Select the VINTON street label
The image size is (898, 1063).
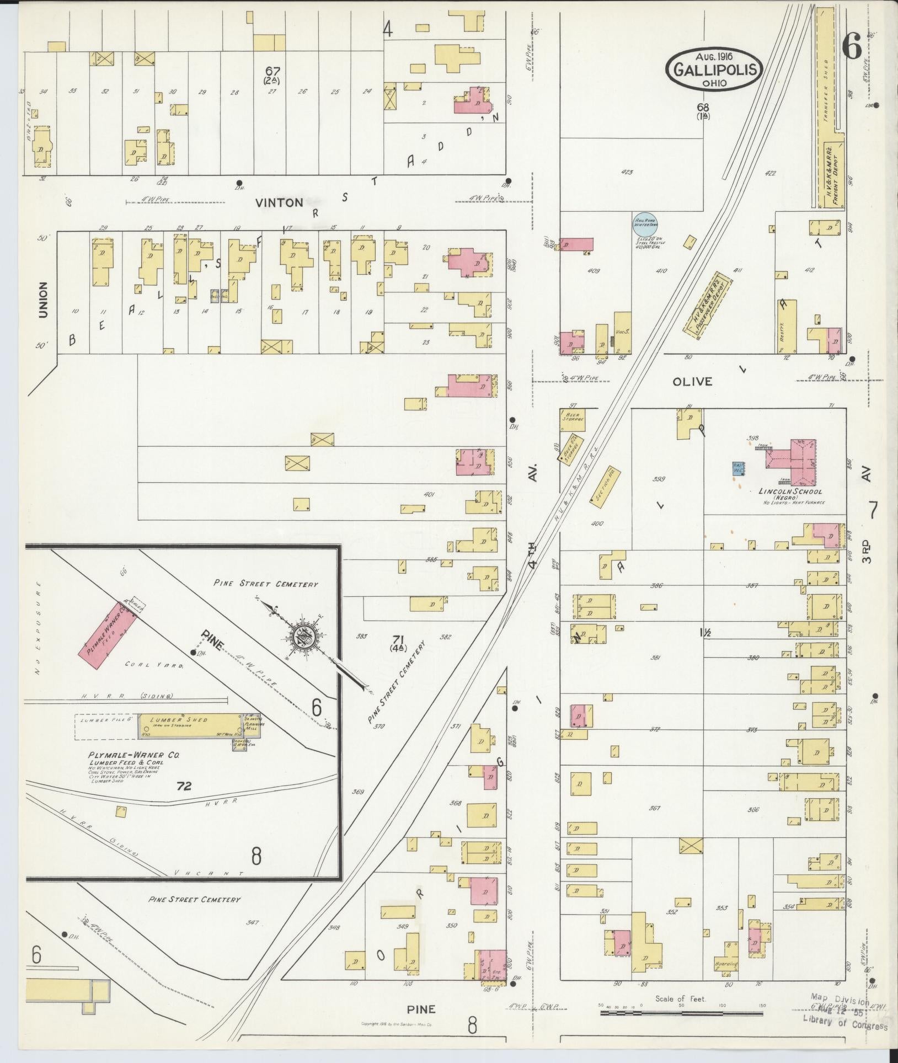coord(279,202)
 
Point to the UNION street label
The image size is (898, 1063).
coord(43,300)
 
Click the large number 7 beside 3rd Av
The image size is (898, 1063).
coord(873,511)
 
